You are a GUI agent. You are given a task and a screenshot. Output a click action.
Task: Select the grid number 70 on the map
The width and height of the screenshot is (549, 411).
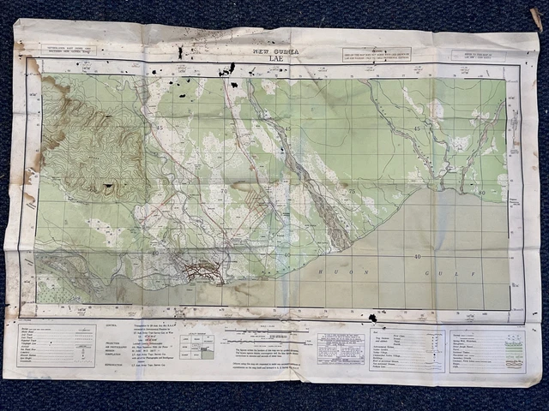click(225, 191)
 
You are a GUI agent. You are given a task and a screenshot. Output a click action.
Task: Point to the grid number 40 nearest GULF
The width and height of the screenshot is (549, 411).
click(417, 256)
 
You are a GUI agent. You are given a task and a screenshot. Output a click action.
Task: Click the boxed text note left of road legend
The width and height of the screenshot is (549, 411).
click(340, 348)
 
